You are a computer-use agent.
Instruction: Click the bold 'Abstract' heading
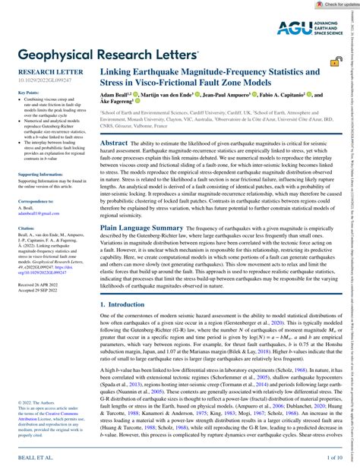(114, 143)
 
